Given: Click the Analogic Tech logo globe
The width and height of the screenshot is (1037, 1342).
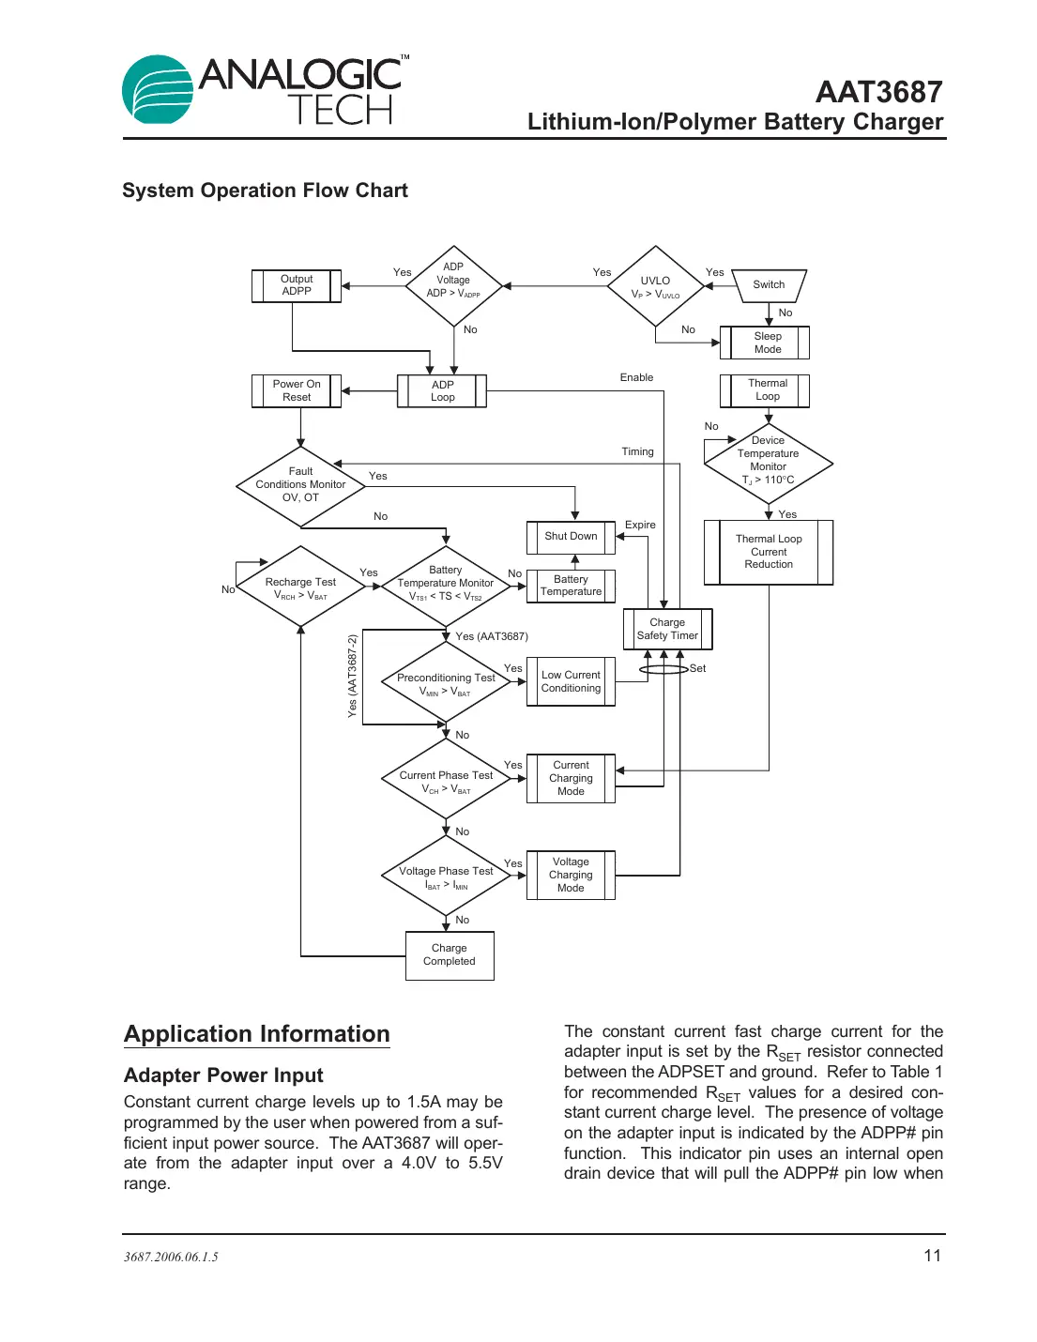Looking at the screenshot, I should coord(158,90).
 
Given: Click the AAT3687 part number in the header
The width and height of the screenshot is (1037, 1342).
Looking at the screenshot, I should coord(878,92).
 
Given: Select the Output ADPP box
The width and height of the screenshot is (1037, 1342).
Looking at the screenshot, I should coord(297,285).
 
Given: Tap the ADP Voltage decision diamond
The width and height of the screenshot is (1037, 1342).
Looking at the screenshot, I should coord(453,285).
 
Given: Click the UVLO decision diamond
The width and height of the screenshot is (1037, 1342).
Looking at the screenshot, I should coord(655,286).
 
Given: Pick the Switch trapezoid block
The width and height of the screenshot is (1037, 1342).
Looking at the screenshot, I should coord(769,285).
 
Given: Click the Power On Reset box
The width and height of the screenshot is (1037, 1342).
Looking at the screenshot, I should coord(297,390).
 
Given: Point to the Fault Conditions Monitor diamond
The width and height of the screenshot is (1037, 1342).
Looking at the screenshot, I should coord(300,485).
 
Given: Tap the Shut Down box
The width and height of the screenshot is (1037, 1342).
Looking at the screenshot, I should coord(571,537).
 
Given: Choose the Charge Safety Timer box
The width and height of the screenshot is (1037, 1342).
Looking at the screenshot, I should coord(667,629).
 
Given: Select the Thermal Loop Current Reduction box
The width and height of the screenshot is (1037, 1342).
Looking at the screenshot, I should coord(769,552).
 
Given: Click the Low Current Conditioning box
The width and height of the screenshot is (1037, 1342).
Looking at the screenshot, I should coord(571,681).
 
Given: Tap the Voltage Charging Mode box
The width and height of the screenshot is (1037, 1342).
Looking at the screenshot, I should coord(571,875).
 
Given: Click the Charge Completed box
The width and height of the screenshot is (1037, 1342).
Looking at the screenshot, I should coord(450,954).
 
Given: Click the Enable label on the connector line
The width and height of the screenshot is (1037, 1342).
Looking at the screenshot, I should coord(636,377).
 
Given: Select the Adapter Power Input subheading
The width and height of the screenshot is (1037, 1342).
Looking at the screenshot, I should coord(223,1075).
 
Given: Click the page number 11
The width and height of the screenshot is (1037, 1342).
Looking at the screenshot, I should coord(932,1256).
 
